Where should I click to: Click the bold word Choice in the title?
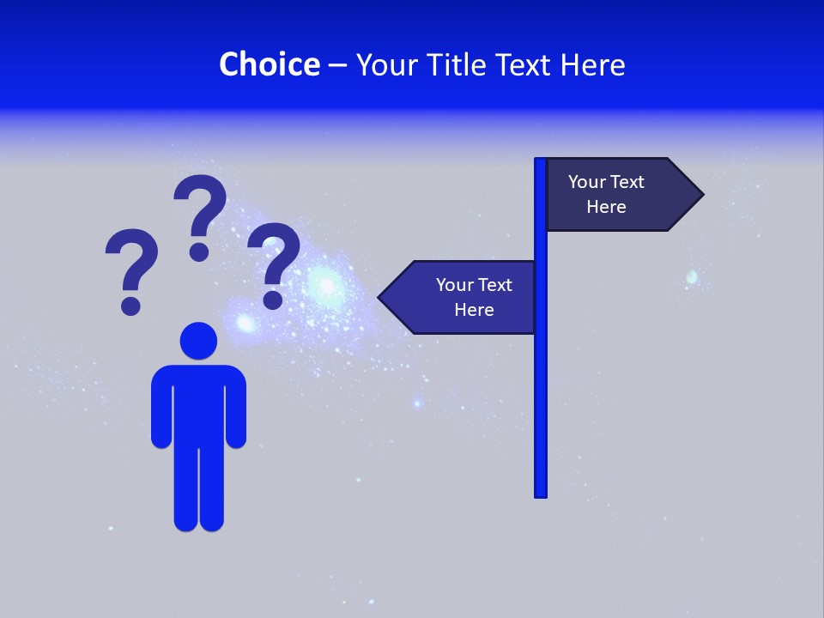[269, 64]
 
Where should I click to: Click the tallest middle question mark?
[201, 206]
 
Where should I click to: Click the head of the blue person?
[198, 341]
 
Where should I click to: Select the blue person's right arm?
[235, 408]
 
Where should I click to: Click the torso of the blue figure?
[198, 403]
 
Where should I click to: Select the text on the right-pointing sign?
[606, 194]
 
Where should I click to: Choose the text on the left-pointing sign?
[474, 297]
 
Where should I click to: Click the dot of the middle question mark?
[199, 251]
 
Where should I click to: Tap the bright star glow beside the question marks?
[325, 283]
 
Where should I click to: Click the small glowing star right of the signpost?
[692, 277]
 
